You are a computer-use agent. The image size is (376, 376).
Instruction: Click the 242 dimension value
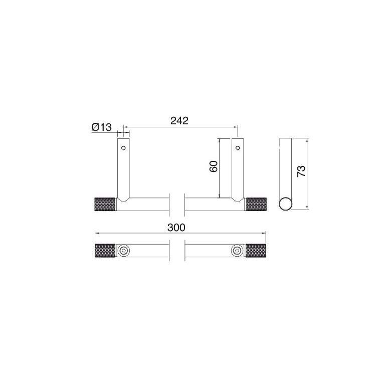179,121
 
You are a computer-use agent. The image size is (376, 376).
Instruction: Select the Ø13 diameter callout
102,127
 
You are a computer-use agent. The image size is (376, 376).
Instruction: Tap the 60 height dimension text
214,166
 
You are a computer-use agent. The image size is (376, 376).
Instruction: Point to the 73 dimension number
301,171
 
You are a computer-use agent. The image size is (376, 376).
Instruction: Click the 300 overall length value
176,228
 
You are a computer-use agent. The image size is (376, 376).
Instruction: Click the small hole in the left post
123,148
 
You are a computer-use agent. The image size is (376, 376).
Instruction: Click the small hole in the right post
238,148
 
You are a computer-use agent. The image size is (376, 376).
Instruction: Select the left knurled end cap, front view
105,205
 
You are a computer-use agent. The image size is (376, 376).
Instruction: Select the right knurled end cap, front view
256,205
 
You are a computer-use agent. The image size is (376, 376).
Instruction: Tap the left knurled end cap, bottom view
105,251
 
